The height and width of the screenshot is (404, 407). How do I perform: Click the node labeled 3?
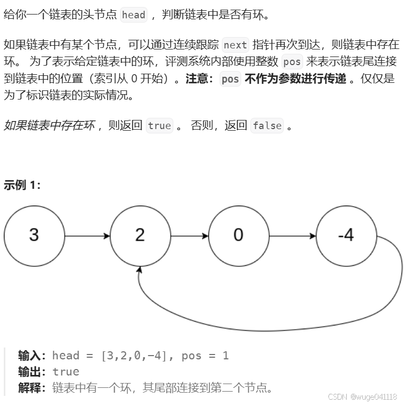pos(34,236)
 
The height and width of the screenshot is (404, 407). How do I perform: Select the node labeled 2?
pos(140,236)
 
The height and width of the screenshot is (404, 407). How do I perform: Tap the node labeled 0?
pos(238,236)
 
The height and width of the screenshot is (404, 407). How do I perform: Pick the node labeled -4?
pos(346,236)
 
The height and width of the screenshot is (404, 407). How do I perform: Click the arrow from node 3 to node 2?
pos(87,236)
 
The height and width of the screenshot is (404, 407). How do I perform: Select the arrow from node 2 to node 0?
pos(190,236)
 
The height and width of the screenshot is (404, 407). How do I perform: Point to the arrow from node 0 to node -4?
pos(293,236)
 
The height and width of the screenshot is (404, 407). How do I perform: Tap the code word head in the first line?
pos(134,15)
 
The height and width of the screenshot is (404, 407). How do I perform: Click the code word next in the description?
pos(235,45)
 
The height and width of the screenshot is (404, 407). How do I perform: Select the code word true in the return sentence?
pos(159,126)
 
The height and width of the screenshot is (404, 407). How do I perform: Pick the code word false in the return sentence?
pos(267,126)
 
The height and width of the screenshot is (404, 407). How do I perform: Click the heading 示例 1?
pos(22,185)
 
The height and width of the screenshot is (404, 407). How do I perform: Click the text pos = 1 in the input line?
pos(205,356)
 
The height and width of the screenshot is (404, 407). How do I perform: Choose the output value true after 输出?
pos(66,372)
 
